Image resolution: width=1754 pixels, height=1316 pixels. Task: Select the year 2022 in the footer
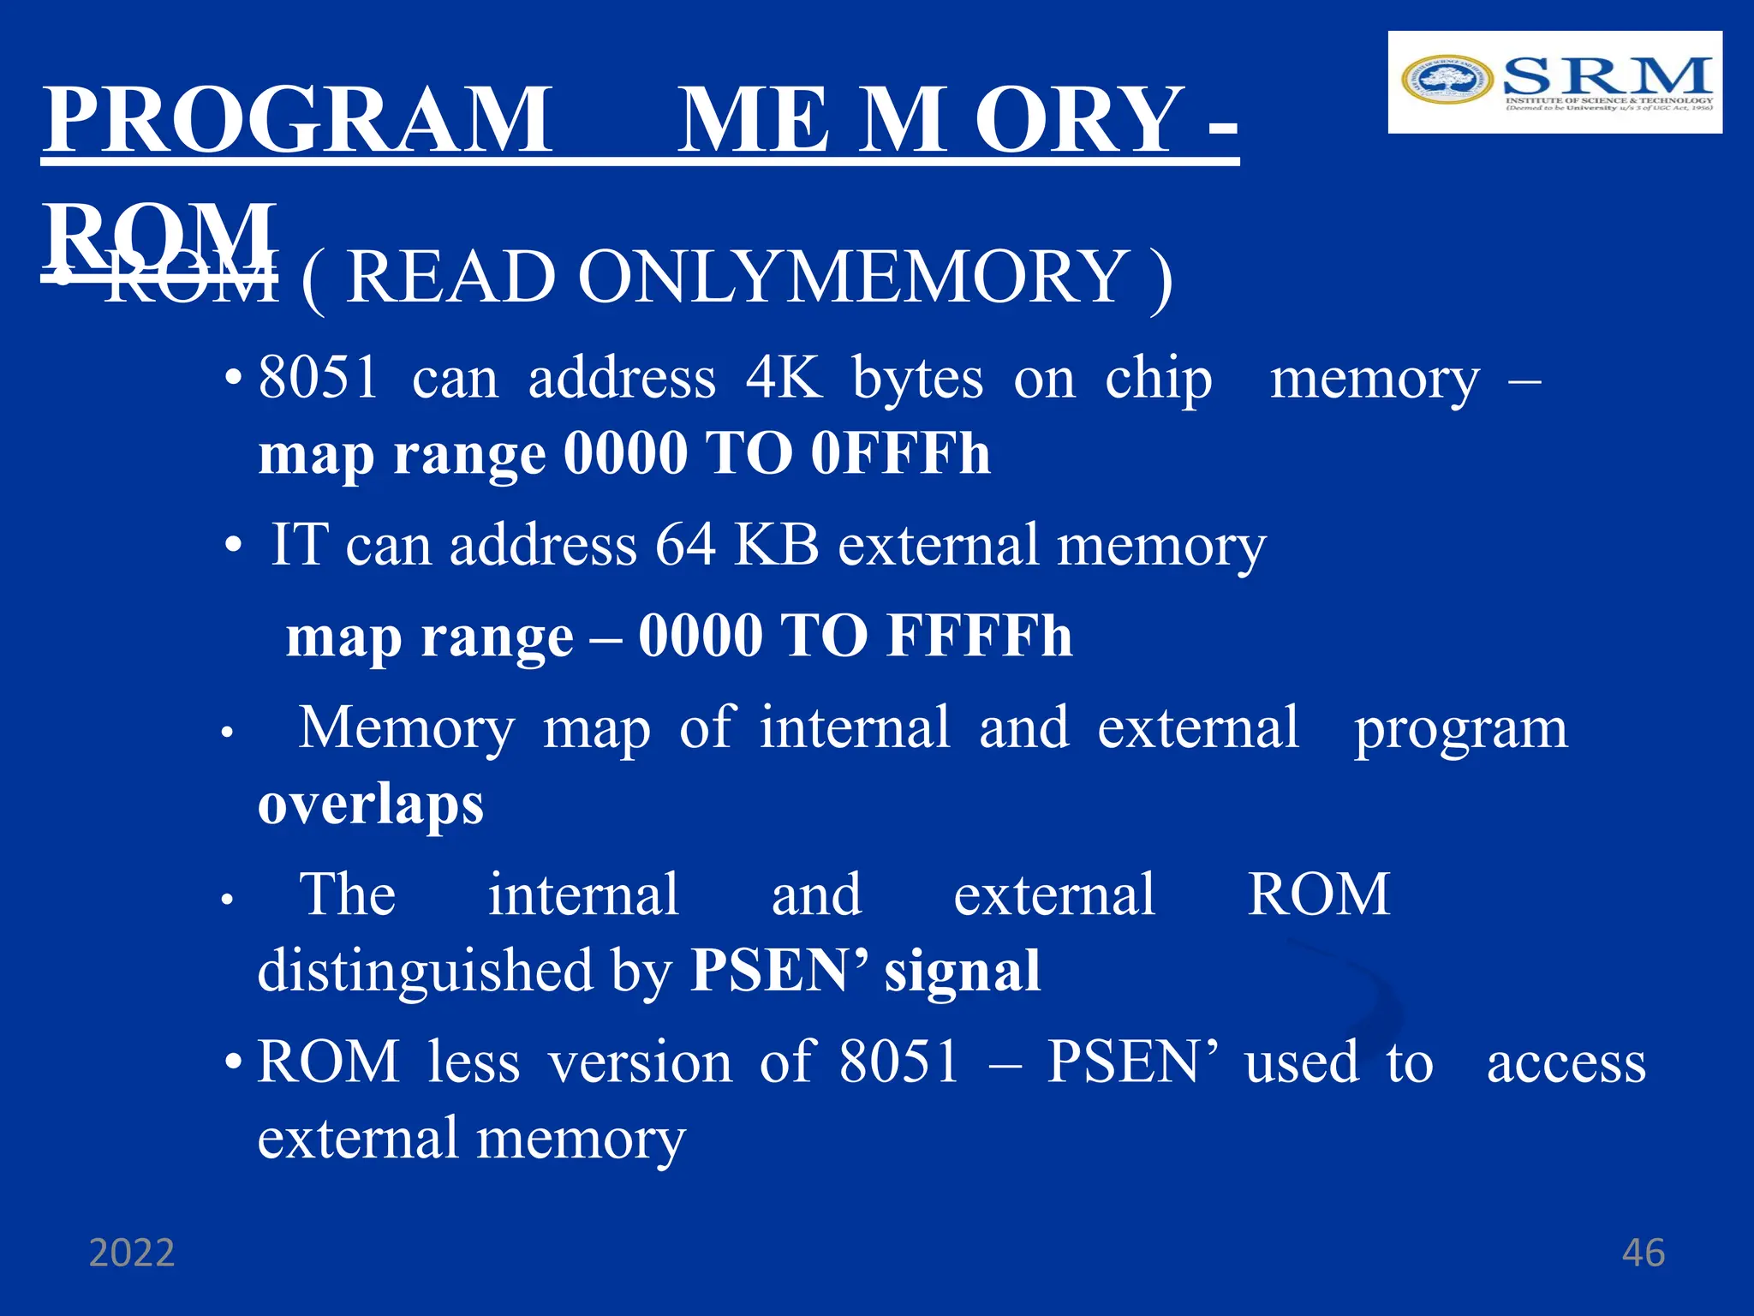point(132,1253)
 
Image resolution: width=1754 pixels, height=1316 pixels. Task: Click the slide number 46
point(1643,1253)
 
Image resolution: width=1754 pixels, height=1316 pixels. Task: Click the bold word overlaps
point(371,805)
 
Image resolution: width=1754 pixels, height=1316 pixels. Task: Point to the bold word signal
point(962,971)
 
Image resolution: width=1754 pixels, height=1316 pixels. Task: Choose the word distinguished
point(426,971)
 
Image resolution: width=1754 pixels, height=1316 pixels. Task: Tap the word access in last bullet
point(1566,1063)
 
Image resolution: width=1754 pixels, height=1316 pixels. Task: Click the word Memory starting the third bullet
point(407,727)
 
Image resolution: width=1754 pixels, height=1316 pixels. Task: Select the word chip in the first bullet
point(1158,379)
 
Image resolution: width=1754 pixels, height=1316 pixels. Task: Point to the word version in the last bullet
point(641,1063)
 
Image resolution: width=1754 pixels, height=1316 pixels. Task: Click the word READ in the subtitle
point(450,278)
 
